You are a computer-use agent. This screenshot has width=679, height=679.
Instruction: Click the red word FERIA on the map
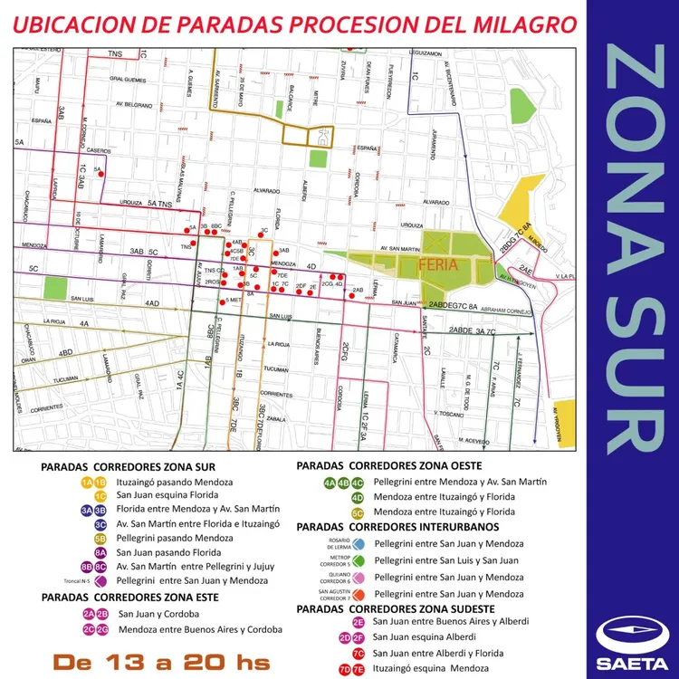(x=439, y=266)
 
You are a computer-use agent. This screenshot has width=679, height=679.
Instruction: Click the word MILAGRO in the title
(x=522, y=26)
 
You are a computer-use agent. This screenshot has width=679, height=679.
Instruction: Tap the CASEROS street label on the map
(x=100, y=150)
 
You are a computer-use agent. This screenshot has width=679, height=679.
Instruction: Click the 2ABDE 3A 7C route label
(x=461, y=331)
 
